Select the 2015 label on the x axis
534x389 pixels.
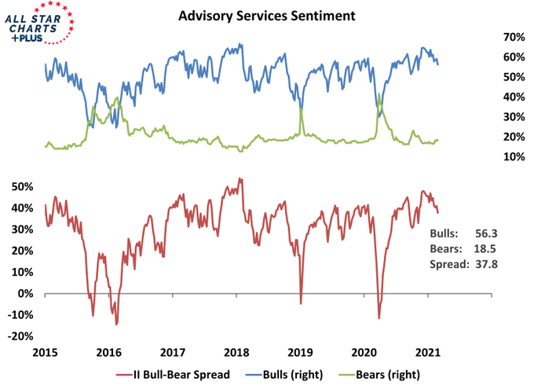[45, 353]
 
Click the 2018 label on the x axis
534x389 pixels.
[237, 353]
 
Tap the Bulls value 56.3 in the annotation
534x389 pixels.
[485, 233]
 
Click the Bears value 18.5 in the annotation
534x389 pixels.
[485, 248]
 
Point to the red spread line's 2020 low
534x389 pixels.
[379, 318]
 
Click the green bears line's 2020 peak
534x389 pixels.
[379, 94]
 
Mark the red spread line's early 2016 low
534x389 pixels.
[116, 324]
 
